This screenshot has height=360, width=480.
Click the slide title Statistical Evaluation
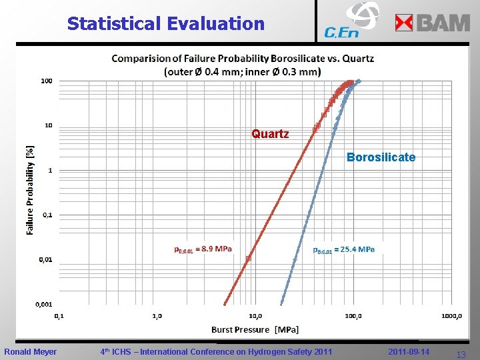(165, 24)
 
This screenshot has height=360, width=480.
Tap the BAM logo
(433, 23)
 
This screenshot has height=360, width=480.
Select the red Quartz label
(270, 134)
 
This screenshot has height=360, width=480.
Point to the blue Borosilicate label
(381, 157)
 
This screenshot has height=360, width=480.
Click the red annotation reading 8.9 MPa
(203, 249)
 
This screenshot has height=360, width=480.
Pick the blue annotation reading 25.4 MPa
(344, 249)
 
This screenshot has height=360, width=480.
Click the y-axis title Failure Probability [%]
(30, 191)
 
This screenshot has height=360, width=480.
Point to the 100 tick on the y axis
(47, 81)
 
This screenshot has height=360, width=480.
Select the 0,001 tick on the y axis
(44, 304)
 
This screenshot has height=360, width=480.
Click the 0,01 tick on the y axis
(45, 259)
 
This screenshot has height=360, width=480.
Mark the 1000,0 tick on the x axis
(451, 316)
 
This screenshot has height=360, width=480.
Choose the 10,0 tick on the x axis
(255, 316)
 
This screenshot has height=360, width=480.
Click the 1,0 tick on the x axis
(157, 316)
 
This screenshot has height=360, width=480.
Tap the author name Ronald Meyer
(31, 351)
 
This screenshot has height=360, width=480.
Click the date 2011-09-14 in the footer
(409, 351)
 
